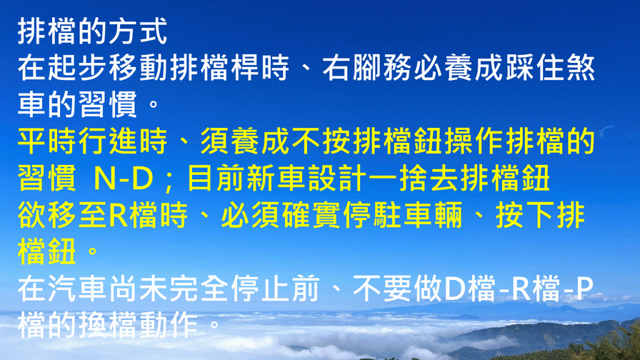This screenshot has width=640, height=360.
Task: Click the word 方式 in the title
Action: pyautogui.click(x=138, y=31)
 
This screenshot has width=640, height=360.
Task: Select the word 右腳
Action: pyautogui.click(x=352, y=67)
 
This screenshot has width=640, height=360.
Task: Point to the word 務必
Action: pyautogui.click(x=413, y=67)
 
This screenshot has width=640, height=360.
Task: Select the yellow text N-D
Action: pyautogui.click(x=124, y=179)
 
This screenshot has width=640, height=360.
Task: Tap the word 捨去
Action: pyautogui.click(x=429, y=179)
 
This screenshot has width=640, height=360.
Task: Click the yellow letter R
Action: pyautogui.click(x=119, y=216)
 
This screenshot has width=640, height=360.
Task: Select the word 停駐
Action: pyautogui.click(x=373, y=215)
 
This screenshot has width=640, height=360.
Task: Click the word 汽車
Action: pyautogui.click(x=77, y=289)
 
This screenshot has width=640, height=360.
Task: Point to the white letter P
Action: pyautogui.click(x=584, y=289)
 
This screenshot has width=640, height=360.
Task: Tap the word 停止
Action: pyautogui.click(x=260, y=289)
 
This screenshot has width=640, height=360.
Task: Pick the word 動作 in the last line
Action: pyautogui.click(x=168, y=326)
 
